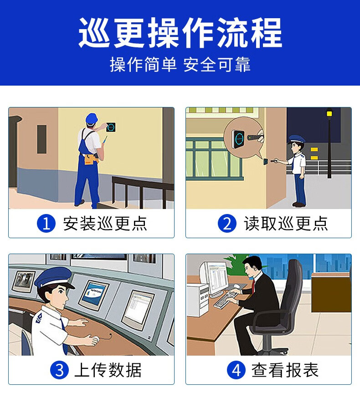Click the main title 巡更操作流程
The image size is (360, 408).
tap(180, 33)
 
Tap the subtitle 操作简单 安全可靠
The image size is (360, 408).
tap(180, 65)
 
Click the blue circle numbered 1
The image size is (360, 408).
tap(46, 223)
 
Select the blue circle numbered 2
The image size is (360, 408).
tap(227, 223)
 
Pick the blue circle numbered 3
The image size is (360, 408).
tap(59, 370)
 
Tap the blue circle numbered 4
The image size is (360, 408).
tap(236, 370)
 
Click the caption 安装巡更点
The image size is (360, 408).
tap(105, 224)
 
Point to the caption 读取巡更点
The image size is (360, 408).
tap(286, 224)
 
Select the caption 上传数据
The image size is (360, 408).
tap(108, 370)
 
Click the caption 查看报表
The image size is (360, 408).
tap(285, 370)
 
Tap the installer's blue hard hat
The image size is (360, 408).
tap(92, 118)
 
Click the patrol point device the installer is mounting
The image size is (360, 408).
tap(111, 127)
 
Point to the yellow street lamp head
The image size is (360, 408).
tap(329, 113)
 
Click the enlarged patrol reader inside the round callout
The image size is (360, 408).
tap(238, 139)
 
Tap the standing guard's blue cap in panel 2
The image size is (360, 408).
tap(297, 139)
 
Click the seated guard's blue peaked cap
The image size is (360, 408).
tap(54, 277)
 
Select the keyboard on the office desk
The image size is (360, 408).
tap(226, 300)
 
